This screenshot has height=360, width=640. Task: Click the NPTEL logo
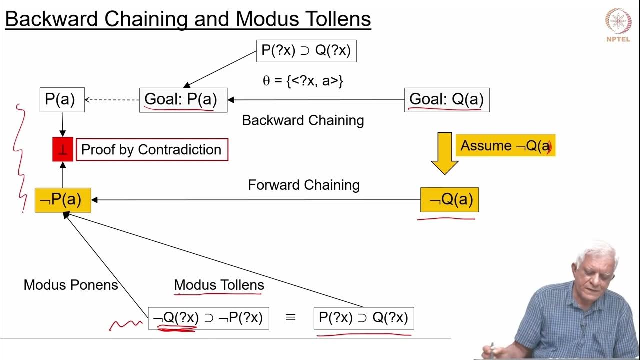click(618, 24)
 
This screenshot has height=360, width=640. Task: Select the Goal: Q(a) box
click(446, 100)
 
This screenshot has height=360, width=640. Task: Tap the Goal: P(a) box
click(183, 100)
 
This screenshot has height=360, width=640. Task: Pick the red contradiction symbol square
click(63, 149)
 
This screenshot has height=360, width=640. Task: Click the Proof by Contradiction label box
click(152, 150)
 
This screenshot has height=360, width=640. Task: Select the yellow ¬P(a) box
click(63, 200)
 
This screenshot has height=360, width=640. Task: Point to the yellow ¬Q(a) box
click(449, 200)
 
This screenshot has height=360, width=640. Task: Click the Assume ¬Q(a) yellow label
click(505, 146)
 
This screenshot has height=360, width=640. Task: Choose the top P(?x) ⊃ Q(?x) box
click(306, 50)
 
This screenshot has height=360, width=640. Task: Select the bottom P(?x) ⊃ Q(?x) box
click(363, 318)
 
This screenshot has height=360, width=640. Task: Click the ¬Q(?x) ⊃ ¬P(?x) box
click(208, 318)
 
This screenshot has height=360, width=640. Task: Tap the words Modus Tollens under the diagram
click(219, 285)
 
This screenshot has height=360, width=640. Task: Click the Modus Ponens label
click(71, 285)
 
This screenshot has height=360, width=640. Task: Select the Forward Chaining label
click(304, 185)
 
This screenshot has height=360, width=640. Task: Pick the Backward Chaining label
click(303, 120)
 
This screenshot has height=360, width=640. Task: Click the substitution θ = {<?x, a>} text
click(303, 81)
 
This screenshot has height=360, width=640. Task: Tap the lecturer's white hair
click(598, 252)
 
